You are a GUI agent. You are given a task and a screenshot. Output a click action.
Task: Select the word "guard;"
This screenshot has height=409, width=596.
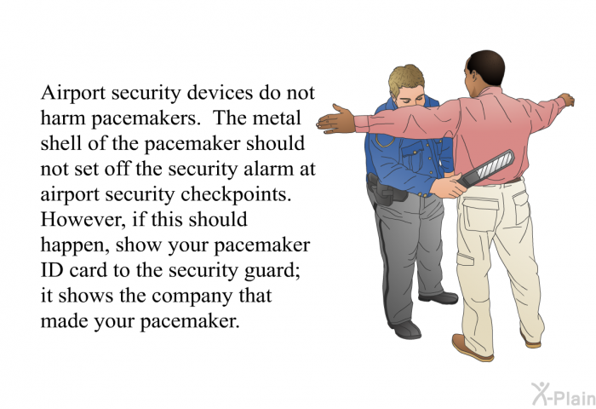pyautogui.click(x=273, y=273)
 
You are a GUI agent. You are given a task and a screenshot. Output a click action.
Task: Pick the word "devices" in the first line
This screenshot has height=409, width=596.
pyautogui.click(x=197, y=95)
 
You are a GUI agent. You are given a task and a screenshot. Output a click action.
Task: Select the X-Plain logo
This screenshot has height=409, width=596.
pyautogui.click(x=561, y=393)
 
